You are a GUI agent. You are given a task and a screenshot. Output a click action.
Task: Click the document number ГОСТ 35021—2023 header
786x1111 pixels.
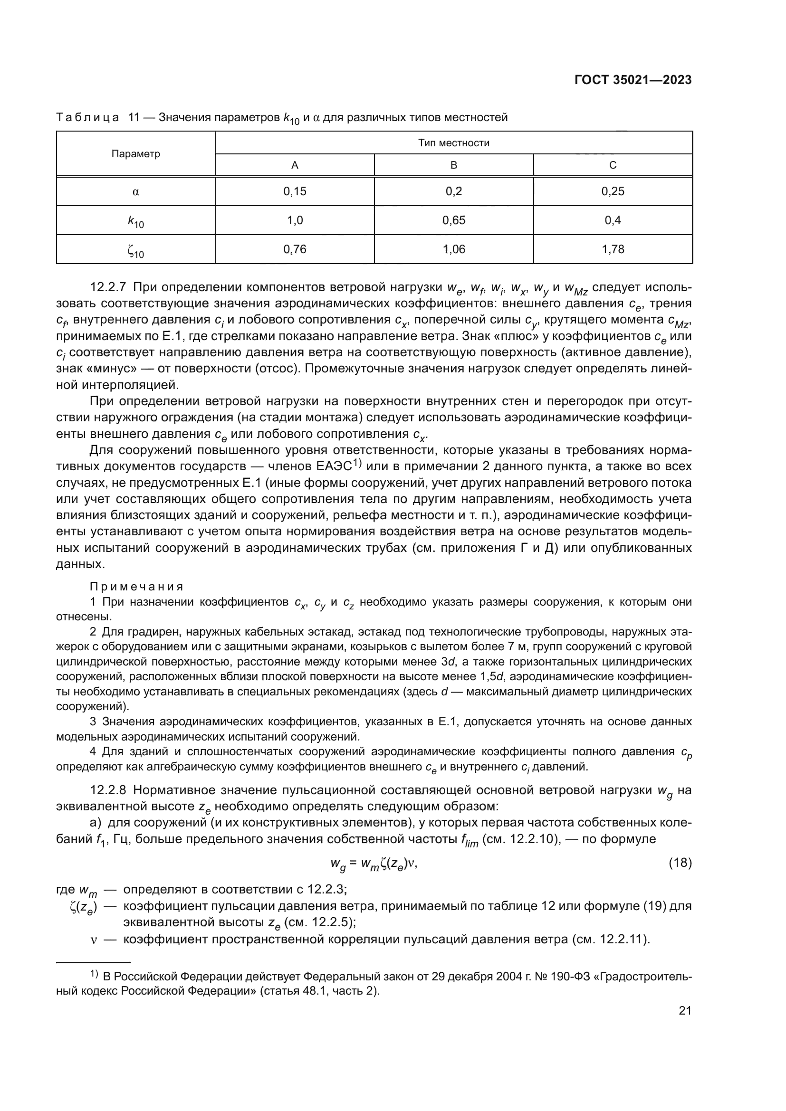click(x=633, y=80)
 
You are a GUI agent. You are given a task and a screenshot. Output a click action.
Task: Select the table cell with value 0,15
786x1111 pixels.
click(x=295, y=191)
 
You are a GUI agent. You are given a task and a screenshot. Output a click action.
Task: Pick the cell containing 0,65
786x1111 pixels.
click(x=453, y=221)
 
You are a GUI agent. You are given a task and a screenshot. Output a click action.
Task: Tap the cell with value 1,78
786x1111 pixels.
click(x=613, y=250)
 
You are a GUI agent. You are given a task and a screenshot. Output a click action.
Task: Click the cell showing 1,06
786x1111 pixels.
click(x=453, y=250)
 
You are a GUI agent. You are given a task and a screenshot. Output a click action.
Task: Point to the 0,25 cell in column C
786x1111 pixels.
click(x=613, y=191)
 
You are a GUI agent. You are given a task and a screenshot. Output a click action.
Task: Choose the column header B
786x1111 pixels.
click(x=453, y=165)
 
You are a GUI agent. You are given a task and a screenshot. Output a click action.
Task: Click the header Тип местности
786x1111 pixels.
click(x=453, y=143)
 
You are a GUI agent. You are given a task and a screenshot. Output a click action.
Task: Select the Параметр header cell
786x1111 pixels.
click(x=135, y=154)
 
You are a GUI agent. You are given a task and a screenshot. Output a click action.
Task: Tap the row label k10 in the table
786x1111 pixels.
click(x=135, y=222)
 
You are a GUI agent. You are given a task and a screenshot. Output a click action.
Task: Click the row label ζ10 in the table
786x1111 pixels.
click(x=135, y=251)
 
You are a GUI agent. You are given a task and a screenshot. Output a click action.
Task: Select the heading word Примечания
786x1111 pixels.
click(x=136, y=587)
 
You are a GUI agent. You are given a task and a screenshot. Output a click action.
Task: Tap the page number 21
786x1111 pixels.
click(x=685, y=1010)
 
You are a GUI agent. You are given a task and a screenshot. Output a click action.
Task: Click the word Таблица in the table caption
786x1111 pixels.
click(x=87, y=118)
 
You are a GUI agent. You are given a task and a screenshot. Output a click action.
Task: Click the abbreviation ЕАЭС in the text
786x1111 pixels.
click(x=334, y=467)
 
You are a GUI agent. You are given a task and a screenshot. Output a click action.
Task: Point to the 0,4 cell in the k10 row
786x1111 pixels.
click(x=613, y=221)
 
